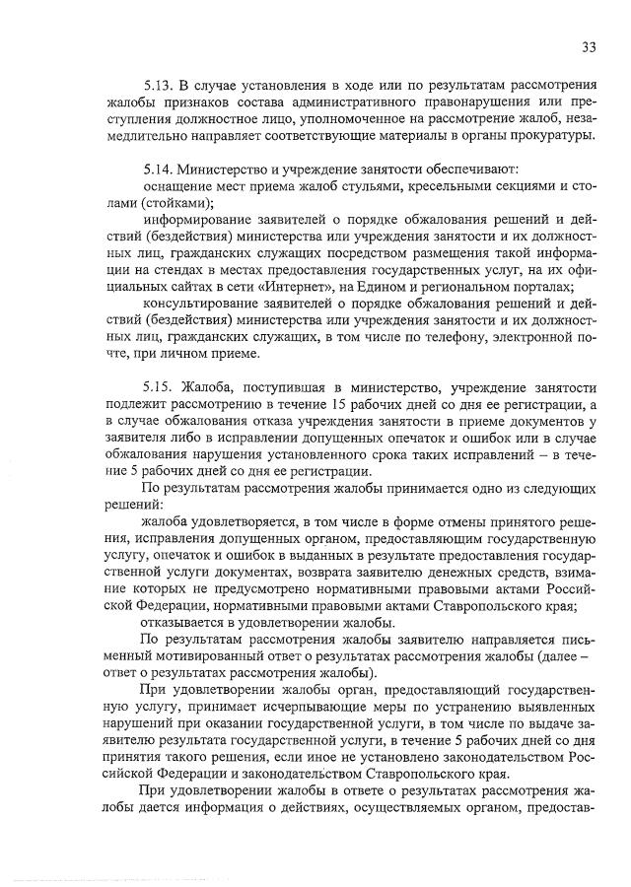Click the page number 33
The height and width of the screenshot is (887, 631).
click(x=590, y=46)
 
